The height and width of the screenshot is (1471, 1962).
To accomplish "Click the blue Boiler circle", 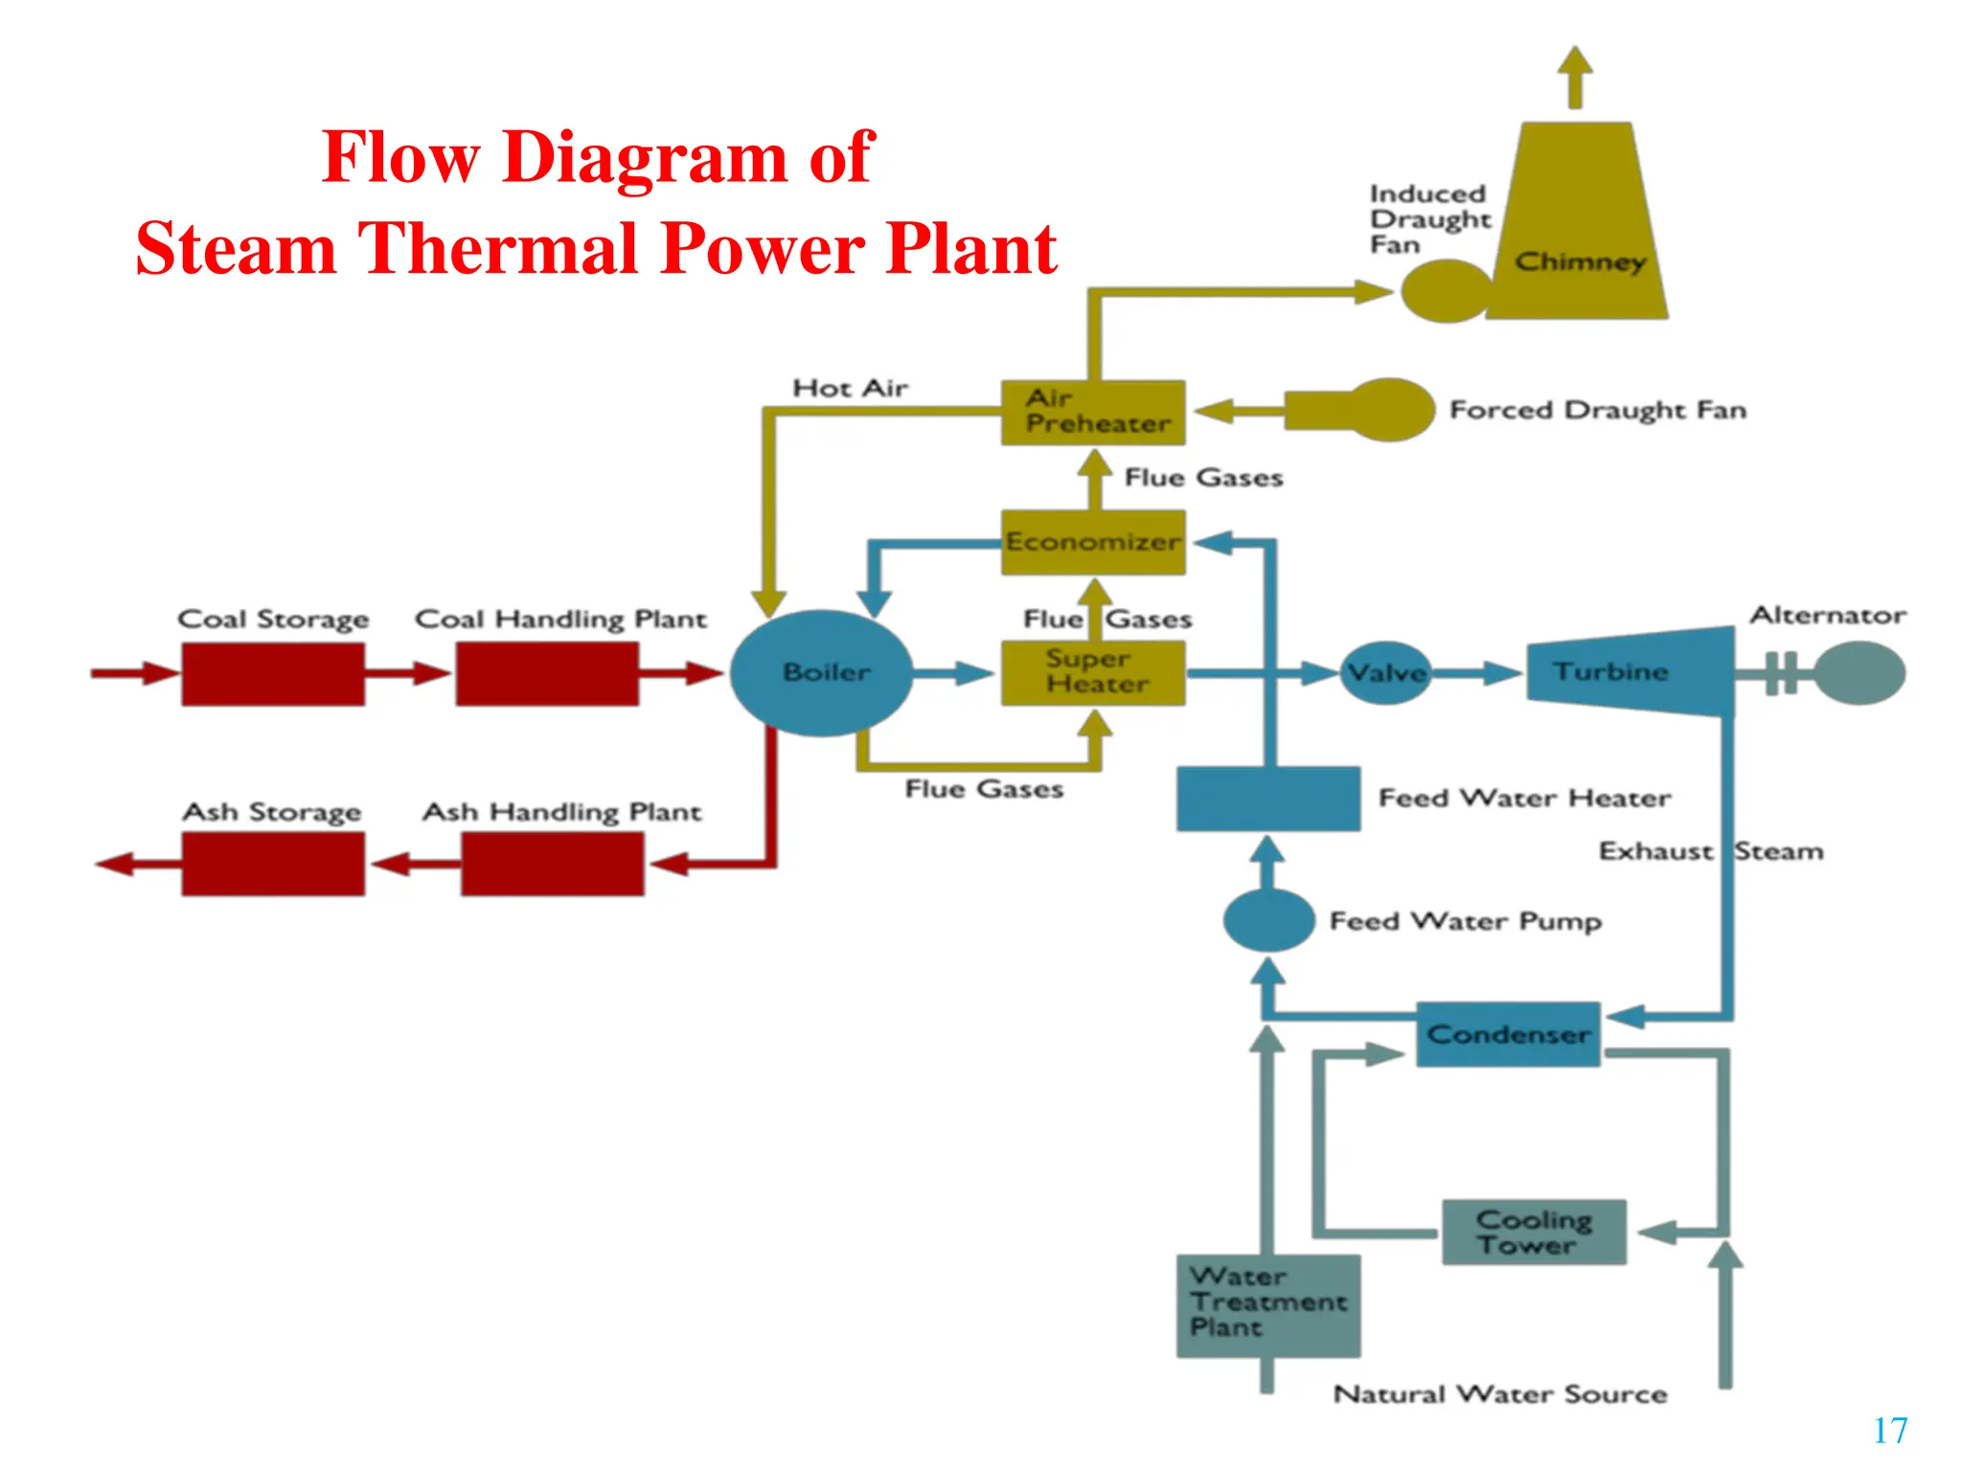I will coord(822,673).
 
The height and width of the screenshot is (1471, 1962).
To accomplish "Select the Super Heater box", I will coord(1093,673).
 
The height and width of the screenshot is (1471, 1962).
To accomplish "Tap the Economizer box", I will coord(1093,542).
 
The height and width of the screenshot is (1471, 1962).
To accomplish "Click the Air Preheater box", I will coord(1093,413).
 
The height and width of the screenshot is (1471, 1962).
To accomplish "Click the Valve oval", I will coord(1385,673).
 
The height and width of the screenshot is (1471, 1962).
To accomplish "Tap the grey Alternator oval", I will coord(1859,673).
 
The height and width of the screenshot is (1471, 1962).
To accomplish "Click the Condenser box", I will coord(1508,1034).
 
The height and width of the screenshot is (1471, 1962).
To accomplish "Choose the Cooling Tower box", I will coord(1534,1233).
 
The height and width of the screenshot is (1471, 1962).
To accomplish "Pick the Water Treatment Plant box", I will coord(1267,1305).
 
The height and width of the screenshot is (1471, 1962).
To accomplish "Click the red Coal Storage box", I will coord(273,674).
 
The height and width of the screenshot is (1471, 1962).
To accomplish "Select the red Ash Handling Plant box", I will coord(552,864).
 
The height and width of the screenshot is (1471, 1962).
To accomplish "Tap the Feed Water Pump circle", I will coord(1268,920).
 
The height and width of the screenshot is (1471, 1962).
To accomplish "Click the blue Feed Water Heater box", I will coord(1267,799).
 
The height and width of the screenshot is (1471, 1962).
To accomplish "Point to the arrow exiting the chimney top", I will coord(1574,77).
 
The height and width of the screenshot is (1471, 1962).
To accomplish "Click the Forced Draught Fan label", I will coord(1597,410).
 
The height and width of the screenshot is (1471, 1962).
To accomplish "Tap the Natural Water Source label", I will coord(1499,1393).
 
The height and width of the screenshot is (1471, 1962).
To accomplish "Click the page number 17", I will coord(1889,1431).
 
